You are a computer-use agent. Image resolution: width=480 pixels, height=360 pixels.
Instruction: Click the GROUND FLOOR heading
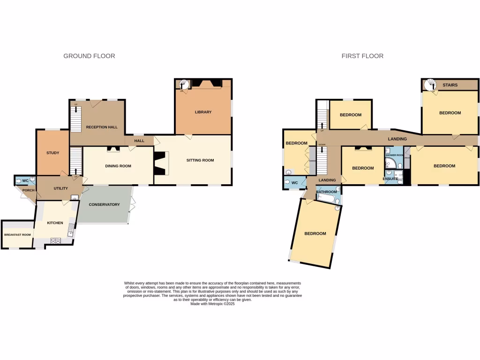(x=89, y=56)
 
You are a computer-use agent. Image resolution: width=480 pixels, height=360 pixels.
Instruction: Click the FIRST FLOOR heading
(x=362, y=56)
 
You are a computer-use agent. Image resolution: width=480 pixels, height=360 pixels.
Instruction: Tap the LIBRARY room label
(x=203, y=112)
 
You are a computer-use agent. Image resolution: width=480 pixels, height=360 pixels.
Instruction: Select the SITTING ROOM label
(x=200, y=160)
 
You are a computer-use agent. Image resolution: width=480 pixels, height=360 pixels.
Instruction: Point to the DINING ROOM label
(x=118, y=166)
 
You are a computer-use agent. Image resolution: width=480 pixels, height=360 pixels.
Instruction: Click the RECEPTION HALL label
(x=101, y=127)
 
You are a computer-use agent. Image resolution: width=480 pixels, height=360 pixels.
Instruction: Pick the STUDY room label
(x=52, y=153)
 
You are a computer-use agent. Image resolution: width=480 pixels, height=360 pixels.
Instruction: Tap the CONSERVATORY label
(x=105, y=204)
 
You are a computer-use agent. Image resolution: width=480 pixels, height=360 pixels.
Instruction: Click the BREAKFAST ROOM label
(x=17, y=235)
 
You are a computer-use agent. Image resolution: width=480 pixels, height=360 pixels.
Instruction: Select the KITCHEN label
(x=55, y=223)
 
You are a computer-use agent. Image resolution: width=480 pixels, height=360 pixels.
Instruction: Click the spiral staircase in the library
(x=184, y=84)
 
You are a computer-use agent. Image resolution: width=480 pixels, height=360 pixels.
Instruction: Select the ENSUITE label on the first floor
(x=390, y=179)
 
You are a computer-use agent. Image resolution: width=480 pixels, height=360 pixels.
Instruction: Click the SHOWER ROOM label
(x=394, y=155)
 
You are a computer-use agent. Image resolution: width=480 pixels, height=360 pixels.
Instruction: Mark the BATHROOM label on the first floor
(x=326, y=192)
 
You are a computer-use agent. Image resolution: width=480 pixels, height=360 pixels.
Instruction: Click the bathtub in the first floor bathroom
(x=327, y=199)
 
